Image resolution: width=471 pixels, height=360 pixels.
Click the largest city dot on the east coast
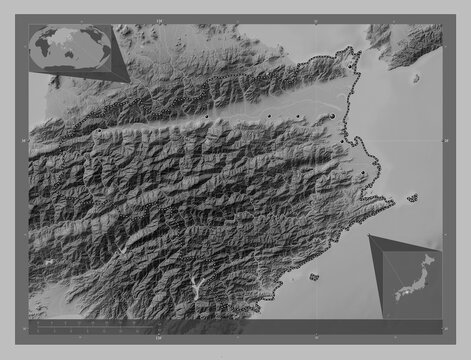coord(332,117)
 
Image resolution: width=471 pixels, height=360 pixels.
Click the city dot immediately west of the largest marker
coord(301,118)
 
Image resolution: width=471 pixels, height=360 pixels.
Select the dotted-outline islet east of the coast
coord(412,197)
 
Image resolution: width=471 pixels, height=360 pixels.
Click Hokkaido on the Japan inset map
coord(429,261)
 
